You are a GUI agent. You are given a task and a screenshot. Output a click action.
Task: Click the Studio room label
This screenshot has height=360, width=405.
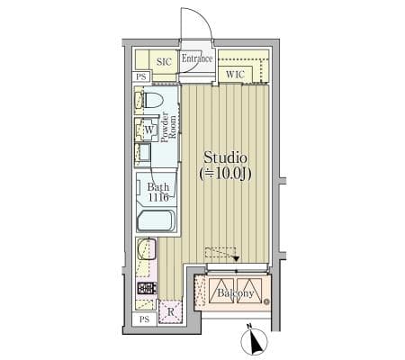(225, 157)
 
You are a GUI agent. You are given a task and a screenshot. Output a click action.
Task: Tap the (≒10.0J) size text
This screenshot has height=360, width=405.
(225, 174)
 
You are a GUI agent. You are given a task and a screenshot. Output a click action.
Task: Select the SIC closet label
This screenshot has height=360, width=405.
(164, 62)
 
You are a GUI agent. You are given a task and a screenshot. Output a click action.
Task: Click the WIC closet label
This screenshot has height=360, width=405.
(235, 74)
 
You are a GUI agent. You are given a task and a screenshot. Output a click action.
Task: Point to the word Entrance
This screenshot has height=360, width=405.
(197, 58)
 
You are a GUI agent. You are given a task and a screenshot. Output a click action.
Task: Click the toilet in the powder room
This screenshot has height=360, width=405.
(151, 100)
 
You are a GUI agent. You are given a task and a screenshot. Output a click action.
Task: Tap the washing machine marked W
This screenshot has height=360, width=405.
(147, 130)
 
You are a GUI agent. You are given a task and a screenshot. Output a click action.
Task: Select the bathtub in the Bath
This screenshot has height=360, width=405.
(157, 220)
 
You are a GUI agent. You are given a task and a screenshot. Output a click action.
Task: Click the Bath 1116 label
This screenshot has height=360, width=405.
(158, 193)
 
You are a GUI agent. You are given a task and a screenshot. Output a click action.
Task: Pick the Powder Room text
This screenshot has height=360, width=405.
(168, 127)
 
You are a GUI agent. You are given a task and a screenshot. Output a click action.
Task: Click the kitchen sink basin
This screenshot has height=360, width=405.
(147, 248)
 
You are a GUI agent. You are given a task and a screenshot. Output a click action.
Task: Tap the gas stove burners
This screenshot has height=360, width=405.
(147, 288)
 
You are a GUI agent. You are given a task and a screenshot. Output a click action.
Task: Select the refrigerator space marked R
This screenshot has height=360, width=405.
(170, 311)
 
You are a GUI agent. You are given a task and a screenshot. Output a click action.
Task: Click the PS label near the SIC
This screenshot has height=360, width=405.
(141, 76)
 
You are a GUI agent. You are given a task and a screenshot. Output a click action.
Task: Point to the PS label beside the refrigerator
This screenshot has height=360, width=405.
(145, 319)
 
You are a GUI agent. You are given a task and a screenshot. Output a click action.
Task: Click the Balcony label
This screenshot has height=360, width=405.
(236, 293)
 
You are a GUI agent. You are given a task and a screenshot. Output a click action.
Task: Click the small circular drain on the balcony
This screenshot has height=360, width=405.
(265, 301)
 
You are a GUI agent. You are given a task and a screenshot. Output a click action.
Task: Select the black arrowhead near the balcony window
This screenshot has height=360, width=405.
(237, 258)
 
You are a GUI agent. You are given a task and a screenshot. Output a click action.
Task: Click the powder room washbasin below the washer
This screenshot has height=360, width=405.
(143, 154)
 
